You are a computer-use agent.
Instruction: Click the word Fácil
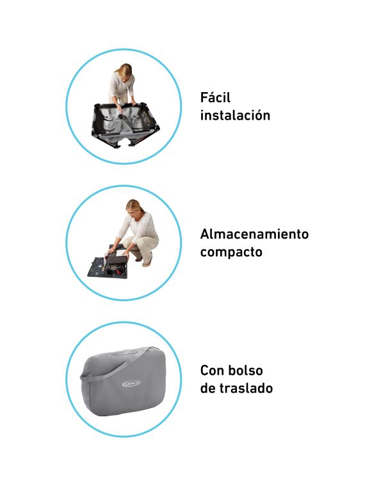pos(215,97)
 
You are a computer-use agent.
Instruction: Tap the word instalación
pos(235,115)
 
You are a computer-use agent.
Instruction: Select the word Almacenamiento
pos(254,234)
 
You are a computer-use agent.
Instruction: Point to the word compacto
pos(231,252)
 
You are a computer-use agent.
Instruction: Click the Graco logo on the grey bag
pos(131,384)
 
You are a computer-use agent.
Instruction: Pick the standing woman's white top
pos(122,85)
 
